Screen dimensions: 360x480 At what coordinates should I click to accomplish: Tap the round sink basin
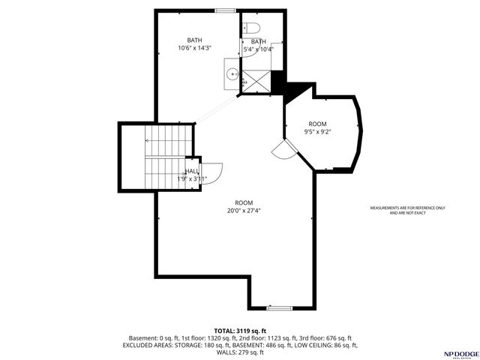coord(233,73)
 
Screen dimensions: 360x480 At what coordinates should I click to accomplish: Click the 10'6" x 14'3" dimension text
coord(194,49)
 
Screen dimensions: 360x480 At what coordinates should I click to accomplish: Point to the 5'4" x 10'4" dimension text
coord(259,49)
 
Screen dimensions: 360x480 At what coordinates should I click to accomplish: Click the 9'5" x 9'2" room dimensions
coord(317,132)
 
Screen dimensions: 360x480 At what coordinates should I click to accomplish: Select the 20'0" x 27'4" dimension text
coord(244,211)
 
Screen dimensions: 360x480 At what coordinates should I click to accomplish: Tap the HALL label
coord(192,172)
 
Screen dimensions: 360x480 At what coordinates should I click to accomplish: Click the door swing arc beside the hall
coord(211,174)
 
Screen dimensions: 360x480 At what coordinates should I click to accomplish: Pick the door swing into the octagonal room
coord(285,150)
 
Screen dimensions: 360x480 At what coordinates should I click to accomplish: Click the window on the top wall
coord(223,10)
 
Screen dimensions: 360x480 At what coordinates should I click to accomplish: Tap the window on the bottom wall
coord(280,307)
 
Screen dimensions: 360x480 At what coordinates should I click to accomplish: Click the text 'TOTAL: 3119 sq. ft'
coord(240,331)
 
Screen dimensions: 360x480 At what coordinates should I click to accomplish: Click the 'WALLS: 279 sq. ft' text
coord(240,352)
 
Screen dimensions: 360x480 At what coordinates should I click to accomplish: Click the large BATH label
coord(194,40)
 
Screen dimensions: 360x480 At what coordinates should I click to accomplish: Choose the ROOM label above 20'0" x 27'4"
coord(244,203)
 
